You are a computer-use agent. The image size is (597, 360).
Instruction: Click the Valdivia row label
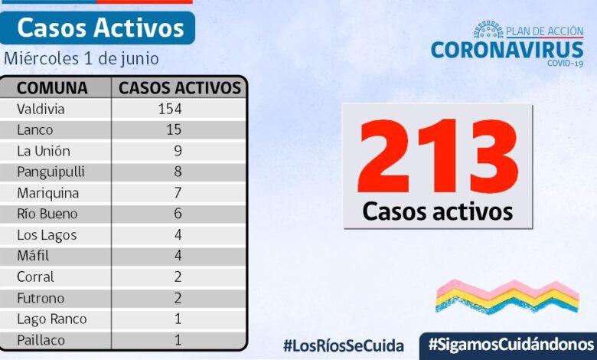pos(41,109)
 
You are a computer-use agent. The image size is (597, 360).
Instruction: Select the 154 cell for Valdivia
pos(170,109)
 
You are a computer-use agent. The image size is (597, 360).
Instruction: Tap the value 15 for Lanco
pos(174,129)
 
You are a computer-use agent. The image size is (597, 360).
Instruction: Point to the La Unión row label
pos(44,151)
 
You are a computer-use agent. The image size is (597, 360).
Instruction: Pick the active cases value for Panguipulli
pos(178,172)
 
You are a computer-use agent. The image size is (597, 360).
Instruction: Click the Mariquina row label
pos(47,193)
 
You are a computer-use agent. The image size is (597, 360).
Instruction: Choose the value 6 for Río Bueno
pos(178,214)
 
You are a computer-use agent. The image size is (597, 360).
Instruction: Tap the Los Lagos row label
pos(47,235)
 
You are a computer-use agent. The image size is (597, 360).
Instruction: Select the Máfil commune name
pos(33,256)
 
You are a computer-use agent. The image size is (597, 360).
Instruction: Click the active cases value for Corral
pos(178,277)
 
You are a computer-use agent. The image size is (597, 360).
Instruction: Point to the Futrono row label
pos(41,298)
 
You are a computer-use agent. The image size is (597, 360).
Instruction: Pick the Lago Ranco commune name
pos(51,319)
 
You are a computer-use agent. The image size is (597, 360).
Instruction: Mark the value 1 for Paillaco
pos(178,339)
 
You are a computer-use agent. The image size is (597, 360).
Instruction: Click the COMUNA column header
pos(52,87)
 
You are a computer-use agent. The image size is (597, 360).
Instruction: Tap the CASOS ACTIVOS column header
pos(180,87)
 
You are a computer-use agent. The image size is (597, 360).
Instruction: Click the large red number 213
pos(437,156)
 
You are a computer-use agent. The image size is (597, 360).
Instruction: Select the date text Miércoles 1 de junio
pos(80,58)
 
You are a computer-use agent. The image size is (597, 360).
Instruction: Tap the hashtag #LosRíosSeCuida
pos(343,345)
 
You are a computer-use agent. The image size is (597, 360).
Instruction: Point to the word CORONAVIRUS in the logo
pos(507,50)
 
